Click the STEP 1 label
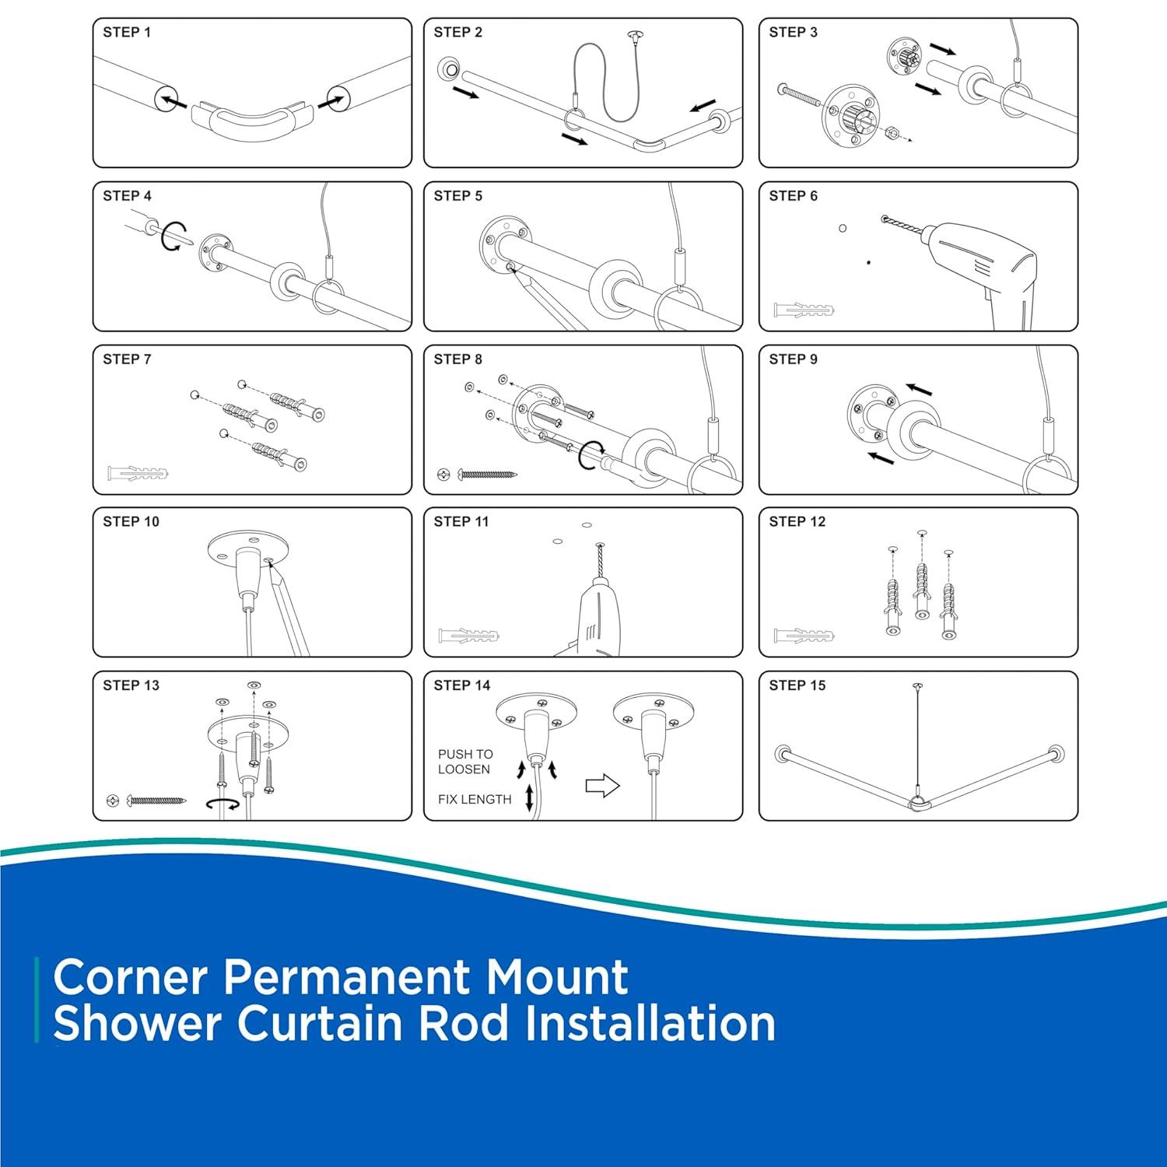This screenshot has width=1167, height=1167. click(x=127, y=33)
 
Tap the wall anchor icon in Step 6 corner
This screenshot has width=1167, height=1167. click(x=804, y=311)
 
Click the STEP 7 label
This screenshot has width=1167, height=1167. click(x=127, y=359)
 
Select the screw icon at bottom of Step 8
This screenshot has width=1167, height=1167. click(x=486, y=473)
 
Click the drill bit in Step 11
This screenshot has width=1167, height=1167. click(x=599, y=561)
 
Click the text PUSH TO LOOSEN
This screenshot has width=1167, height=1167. click(x=464, y=762)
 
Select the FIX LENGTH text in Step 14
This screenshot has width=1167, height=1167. click(x=475, y=799)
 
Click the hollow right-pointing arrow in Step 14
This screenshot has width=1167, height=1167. click(x=602, y=786)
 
